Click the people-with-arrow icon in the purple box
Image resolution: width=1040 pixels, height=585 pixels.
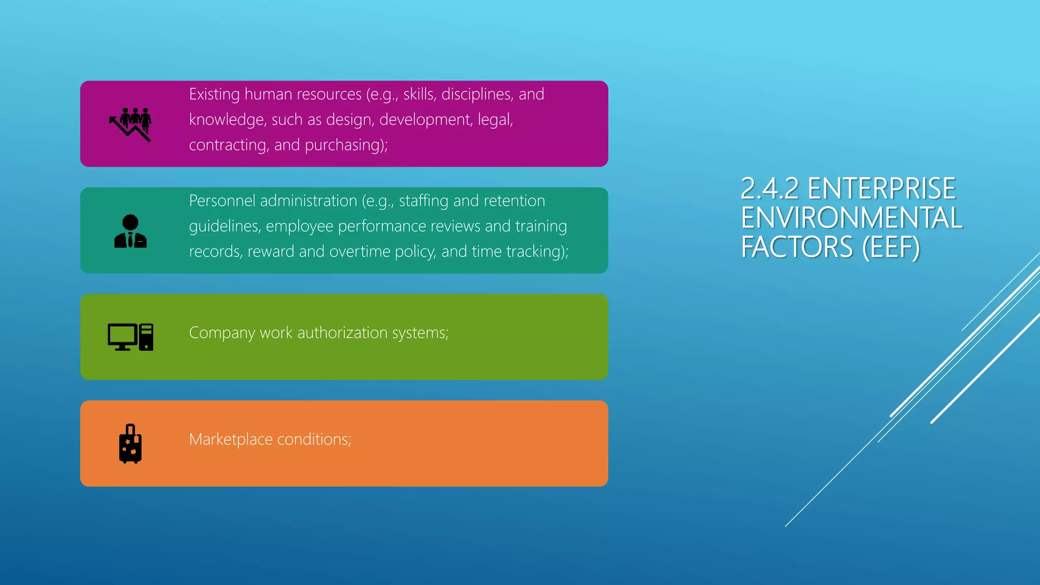131,124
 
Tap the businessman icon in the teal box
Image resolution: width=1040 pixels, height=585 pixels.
131,231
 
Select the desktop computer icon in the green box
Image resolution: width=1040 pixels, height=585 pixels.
131,337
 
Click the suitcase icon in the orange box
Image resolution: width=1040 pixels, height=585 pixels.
131,444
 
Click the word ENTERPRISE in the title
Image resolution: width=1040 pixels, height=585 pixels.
882,188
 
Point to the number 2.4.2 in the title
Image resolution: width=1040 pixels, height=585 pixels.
770,188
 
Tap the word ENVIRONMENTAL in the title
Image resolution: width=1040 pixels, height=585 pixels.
852,218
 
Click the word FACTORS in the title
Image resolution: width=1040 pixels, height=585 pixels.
797,247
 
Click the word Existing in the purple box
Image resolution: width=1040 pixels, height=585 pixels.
214,94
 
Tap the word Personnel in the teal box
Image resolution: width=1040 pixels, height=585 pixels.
222,201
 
